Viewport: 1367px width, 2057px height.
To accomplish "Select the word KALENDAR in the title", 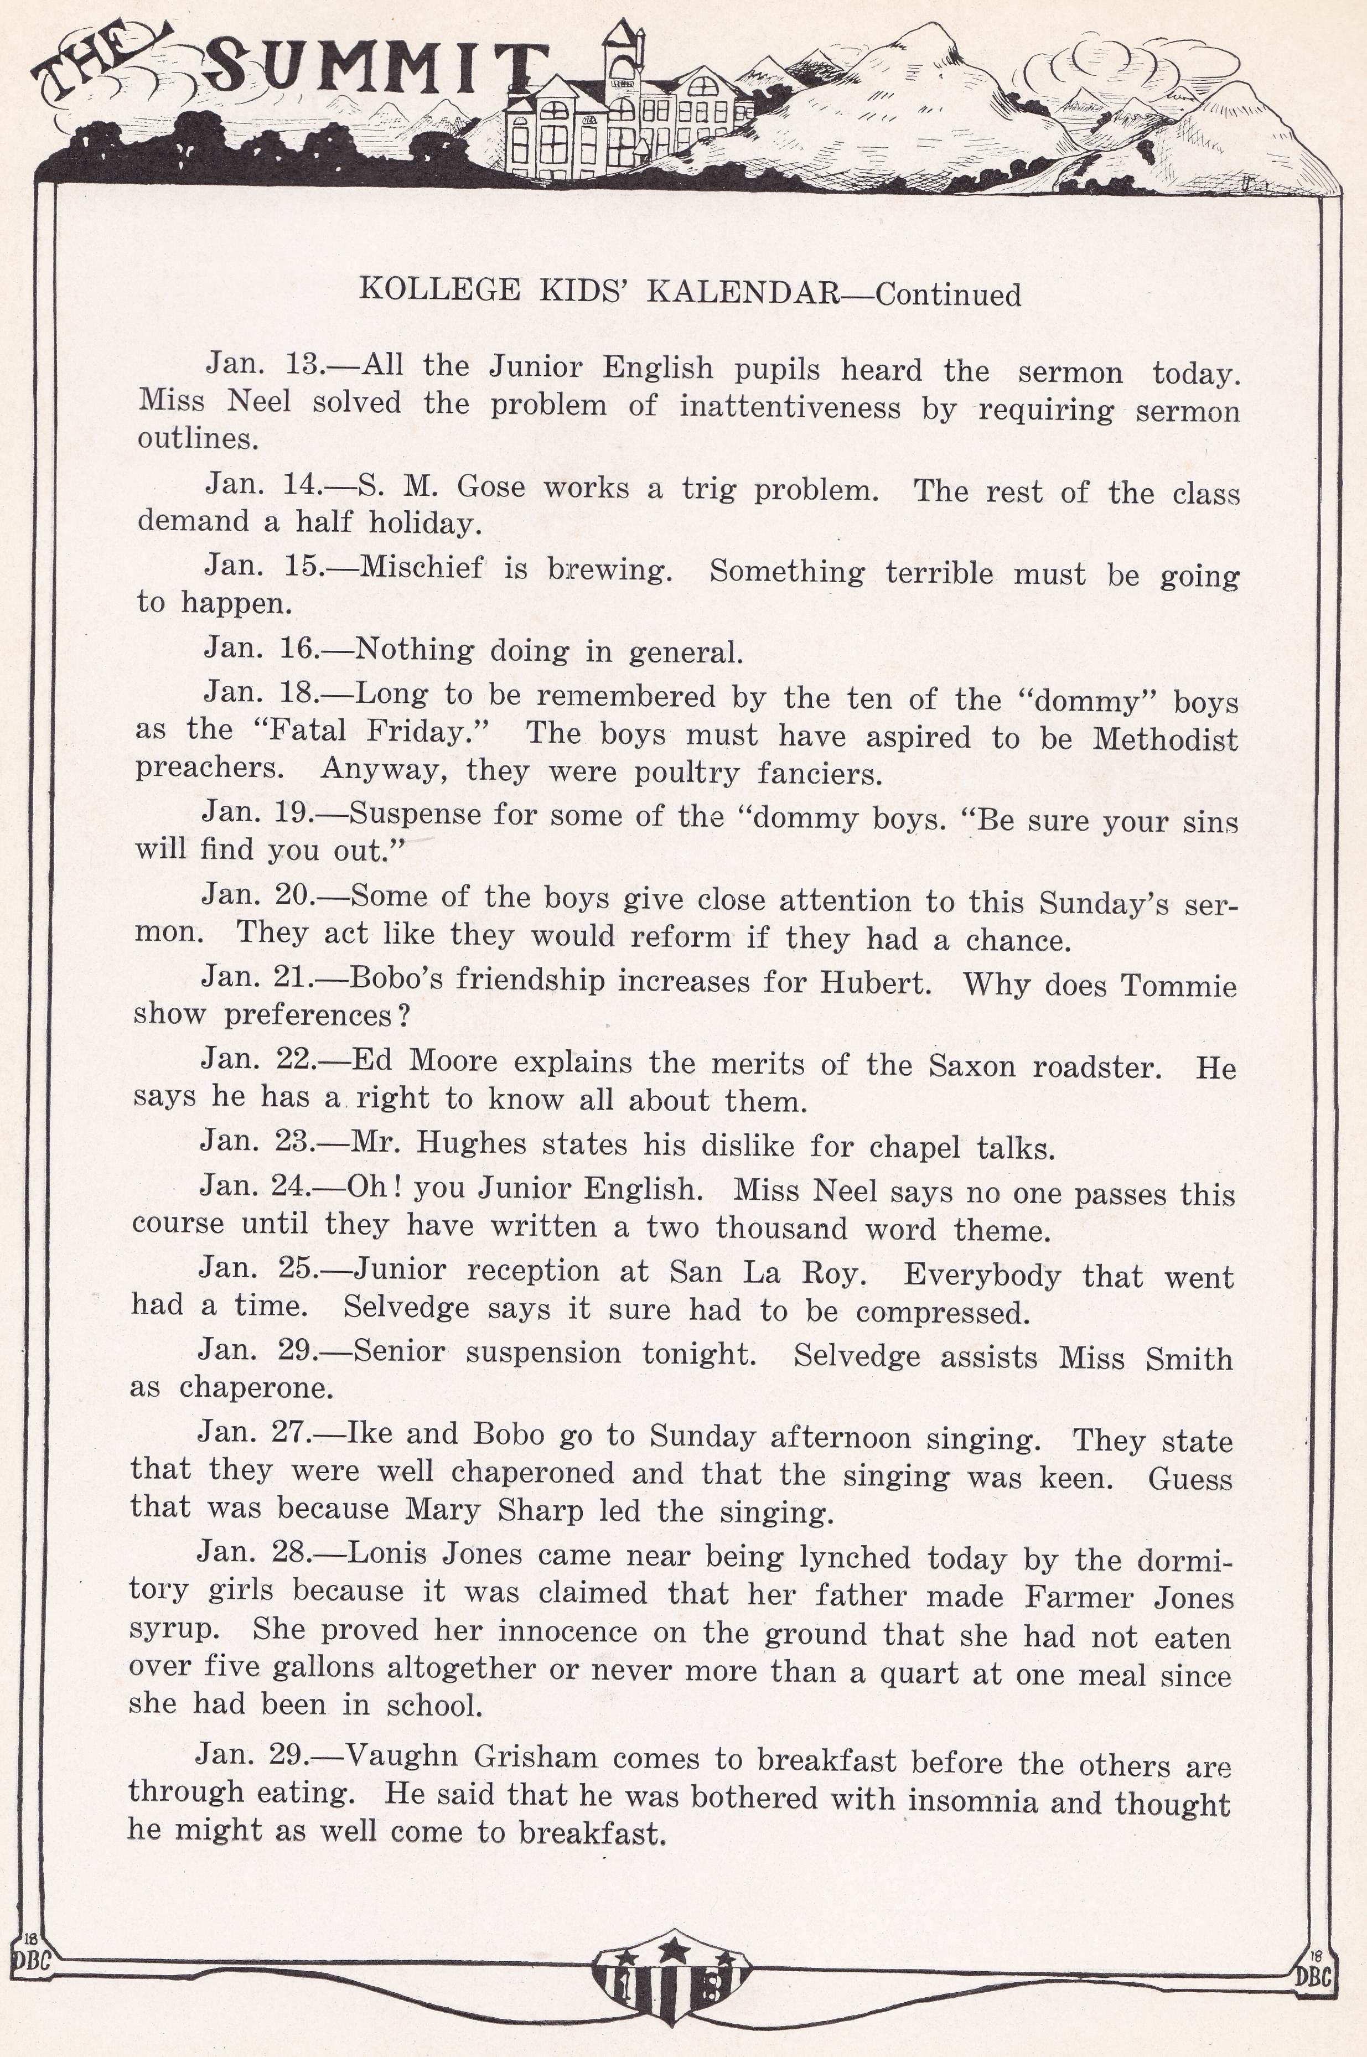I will [742, 292].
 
